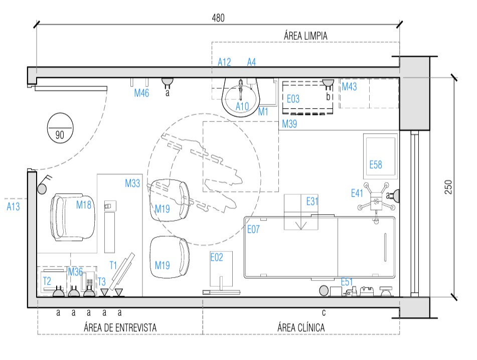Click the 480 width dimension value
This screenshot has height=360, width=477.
pos(218,18)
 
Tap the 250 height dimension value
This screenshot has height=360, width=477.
pos(448,187)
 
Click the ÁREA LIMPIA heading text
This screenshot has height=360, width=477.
pos(305,36)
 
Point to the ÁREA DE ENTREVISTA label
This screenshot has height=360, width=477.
pos(120,327)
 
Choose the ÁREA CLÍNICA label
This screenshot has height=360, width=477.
pos(301,327)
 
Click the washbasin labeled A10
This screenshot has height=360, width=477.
pos(241,97)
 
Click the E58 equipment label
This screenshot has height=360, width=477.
pos(375,165)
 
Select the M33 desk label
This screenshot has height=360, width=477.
pos(132,183)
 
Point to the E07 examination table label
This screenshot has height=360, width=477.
pos(253,229)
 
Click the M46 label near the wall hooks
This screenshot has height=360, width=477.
pos(141,93)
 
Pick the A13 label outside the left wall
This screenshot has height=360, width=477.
pos(13,206)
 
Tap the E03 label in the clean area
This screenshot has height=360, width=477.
pos(293,99)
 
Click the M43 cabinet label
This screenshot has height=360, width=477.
pos(349,86)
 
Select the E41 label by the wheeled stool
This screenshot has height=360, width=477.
pos(357,193)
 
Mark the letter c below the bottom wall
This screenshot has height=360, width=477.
pos(324,312)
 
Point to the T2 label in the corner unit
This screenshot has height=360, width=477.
pos(47,281)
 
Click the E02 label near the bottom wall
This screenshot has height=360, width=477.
pos(217,258)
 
